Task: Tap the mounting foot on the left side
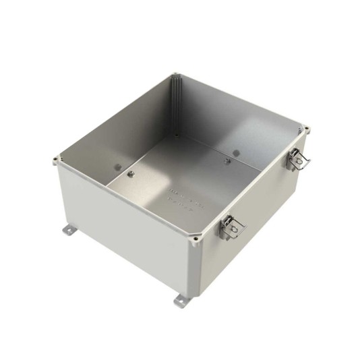pyautogui.click(x=70, y=231)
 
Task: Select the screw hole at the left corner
pyautogui.click(x=55, y=159)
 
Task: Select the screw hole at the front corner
pyautogui.click(x=196, y=237)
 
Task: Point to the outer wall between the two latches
pyautogui.click(x=260, y=202)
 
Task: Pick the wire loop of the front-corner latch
pyautogui.click(x=236, y=233)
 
